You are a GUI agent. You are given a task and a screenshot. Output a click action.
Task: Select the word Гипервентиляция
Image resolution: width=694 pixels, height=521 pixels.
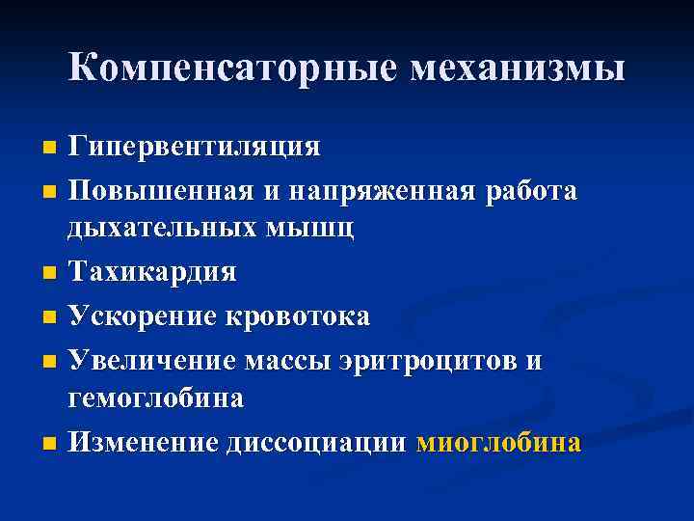tap(194, 147)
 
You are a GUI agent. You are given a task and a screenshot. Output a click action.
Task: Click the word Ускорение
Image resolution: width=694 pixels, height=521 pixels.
tap(145, 316)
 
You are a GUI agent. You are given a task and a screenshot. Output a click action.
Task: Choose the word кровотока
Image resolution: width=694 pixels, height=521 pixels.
tap(299, 316)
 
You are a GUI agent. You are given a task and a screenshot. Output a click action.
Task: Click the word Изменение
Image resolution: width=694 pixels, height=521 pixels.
tap(146, 443)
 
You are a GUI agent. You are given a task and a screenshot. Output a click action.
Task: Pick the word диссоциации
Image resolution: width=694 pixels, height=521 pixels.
tap(318, 443)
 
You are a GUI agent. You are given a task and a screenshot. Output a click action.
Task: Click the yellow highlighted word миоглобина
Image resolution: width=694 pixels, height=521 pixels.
tap(498, 443)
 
